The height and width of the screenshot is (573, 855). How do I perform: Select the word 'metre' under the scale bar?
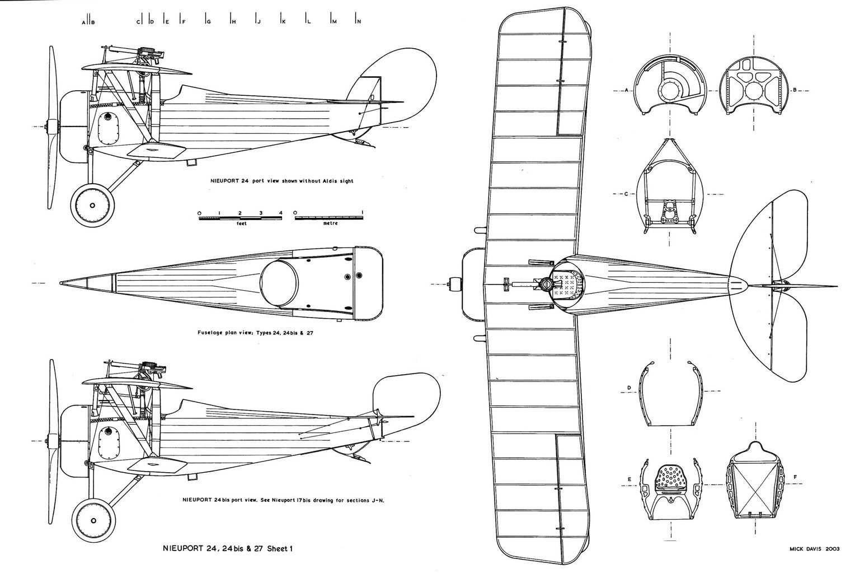[330, 223]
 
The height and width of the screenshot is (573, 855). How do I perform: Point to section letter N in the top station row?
[359, 21]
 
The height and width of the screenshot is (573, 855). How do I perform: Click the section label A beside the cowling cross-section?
[627, 90]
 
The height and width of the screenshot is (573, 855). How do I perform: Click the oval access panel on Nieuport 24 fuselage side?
[108, 129]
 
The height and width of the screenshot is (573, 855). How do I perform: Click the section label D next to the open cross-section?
[629, 388]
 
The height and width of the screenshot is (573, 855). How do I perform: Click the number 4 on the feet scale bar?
[281, 213]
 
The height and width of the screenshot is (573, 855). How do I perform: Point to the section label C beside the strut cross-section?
[627, 194]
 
